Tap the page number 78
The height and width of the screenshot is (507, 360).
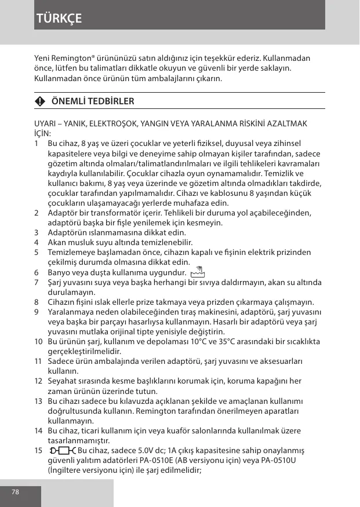[x=15, y=491]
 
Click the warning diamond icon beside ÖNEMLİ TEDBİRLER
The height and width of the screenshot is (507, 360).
[x=39, y=101]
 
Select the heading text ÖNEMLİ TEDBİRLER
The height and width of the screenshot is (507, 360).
[x=93, y=101]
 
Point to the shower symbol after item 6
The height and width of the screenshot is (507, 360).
[x=199, y=271]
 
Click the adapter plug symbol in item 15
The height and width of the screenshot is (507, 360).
[x=63, y=451]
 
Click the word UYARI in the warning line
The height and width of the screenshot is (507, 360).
[x=46, y=123]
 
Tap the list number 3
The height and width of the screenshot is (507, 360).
[x=37, y=232]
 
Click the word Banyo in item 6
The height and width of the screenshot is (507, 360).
[x=59, y=272]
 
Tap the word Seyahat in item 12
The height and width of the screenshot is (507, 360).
[x=62, y=381]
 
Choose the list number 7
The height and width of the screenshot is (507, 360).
[x=37, y=282]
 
